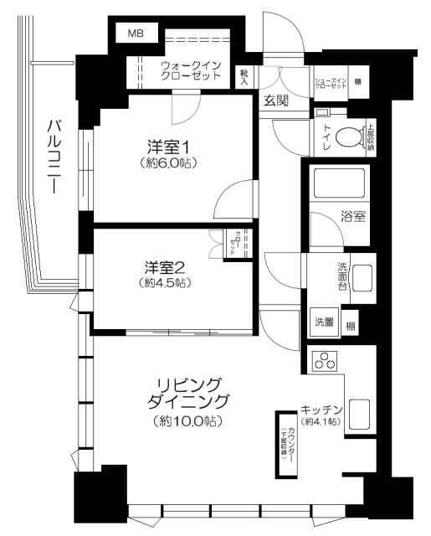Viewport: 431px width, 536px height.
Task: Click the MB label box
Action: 134,33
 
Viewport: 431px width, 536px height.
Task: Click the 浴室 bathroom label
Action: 351,215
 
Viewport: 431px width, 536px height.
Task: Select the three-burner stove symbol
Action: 324,361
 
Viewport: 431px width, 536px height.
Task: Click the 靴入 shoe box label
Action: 244,77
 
